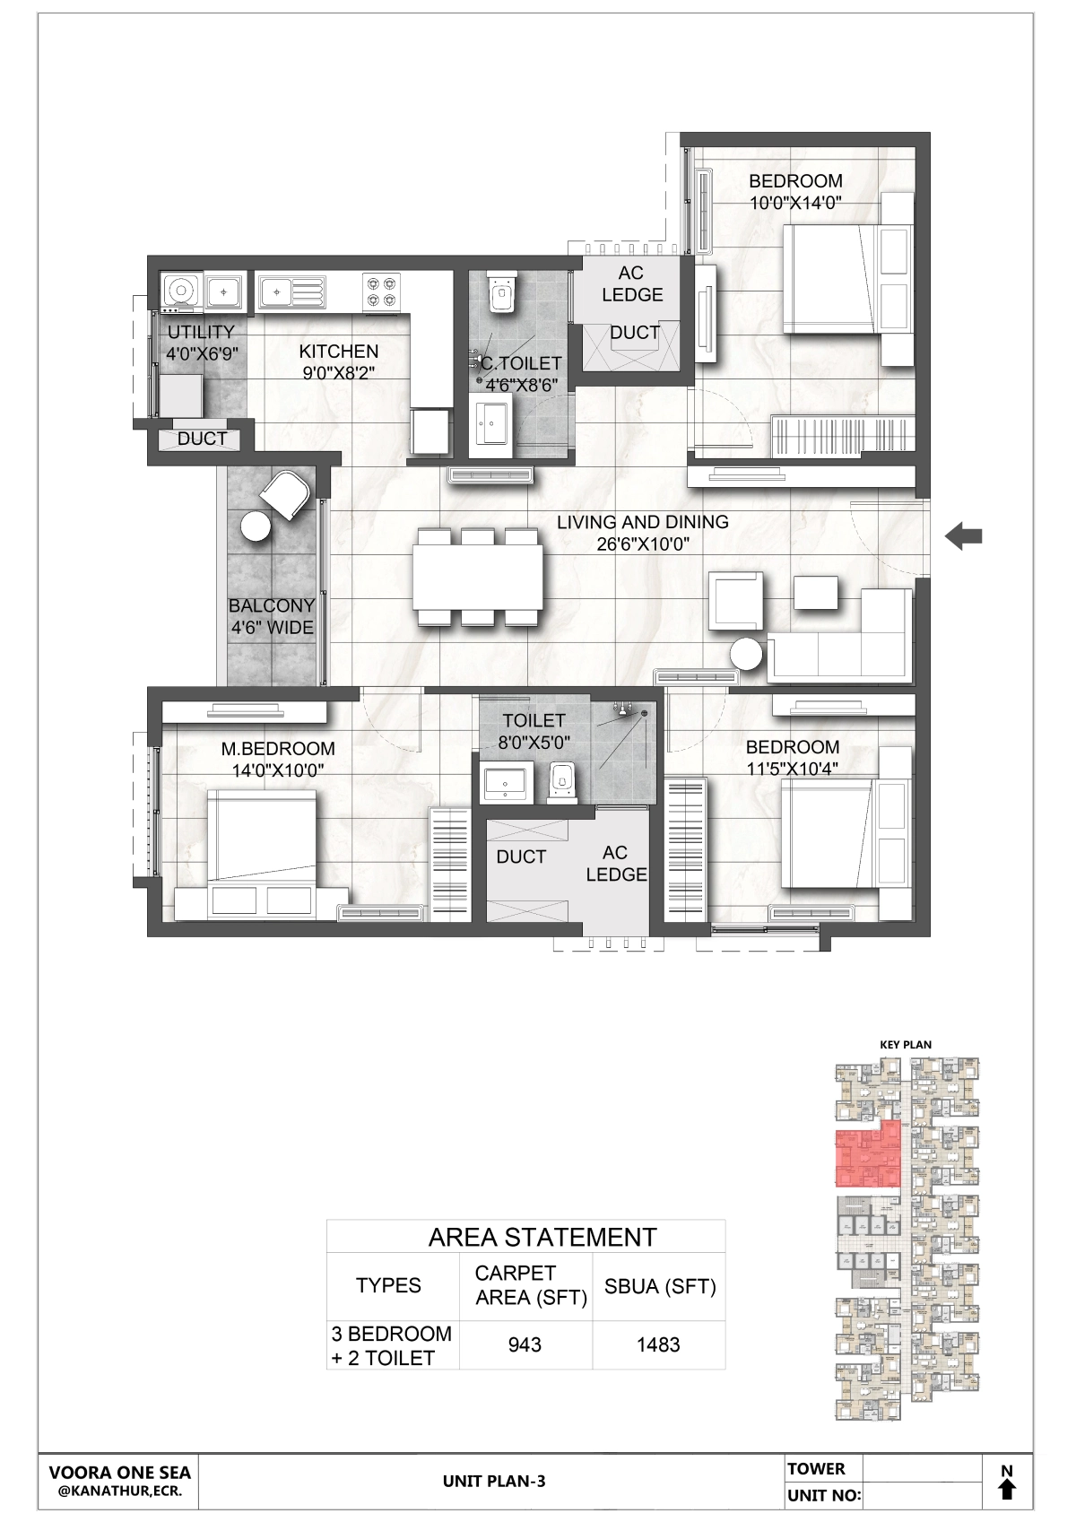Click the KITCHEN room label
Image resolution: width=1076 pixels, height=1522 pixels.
338,352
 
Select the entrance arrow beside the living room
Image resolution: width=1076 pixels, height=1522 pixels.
963,536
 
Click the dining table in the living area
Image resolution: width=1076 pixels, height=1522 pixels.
478,578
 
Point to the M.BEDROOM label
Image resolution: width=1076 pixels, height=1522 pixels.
278,749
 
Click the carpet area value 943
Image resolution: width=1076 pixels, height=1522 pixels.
525,1344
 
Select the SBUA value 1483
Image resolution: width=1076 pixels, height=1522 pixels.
657,1344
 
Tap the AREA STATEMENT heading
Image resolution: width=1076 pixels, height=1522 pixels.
542,1238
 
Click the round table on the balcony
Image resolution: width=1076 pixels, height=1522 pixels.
256,526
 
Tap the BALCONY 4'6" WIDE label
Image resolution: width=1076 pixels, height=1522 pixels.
272,616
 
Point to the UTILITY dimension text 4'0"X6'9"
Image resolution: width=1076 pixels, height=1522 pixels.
202,354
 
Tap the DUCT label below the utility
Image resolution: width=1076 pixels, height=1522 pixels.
202,439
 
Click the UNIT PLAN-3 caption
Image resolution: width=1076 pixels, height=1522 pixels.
494,1482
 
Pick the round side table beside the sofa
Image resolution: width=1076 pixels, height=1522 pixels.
746,655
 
